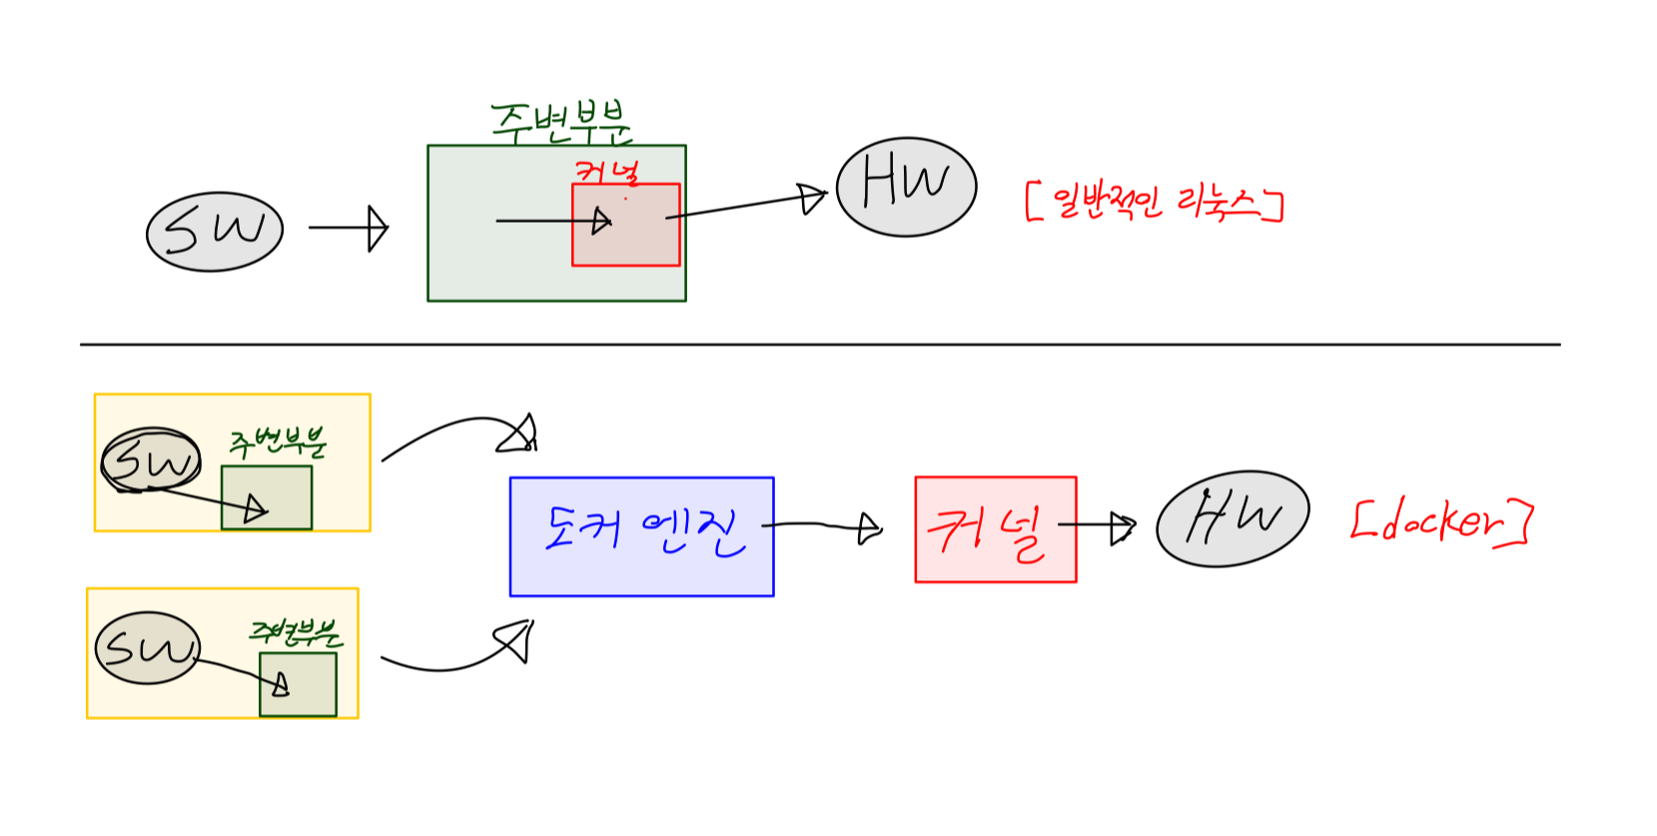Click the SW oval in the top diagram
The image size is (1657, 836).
coord(215,232)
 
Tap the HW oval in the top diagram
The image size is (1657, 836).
coord(906,187)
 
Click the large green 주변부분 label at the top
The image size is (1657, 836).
coord(560,123)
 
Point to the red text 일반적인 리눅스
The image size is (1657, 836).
coord(1155,203)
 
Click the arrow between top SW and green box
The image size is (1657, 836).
coord(349,228)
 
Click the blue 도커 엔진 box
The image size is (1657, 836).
coord(641,536)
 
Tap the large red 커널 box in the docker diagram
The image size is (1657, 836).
coord(995,529)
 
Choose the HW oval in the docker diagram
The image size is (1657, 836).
coord(1233,518)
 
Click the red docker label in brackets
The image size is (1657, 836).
coord(1440,520)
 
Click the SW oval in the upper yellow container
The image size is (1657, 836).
coord(151,460)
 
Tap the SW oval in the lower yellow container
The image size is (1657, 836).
coord(148,648)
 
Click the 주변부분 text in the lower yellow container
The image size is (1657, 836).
coord(295,632)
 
